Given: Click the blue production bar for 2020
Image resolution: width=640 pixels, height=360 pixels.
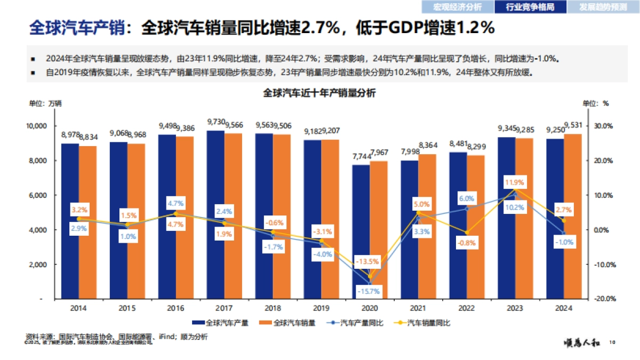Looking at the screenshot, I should click(361, 232).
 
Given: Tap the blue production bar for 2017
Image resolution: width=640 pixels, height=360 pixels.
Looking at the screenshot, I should click(215, 214).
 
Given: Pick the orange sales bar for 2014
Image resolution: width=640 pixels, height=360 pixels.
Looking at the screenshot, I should click(87, 222).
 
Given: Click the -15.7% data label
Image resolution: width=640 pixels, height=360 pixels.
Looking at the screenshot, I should click(369, 291).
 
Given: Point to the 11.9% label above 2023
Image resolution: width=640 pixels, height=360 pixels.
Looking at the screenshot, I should click(515, 182).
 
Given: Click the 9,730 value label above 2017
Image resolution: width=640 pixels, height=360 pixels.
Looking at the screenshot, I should click(215, 123).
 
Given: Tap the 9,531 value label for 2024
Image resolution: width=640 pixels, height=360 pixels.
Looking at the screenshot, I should click(573, 126).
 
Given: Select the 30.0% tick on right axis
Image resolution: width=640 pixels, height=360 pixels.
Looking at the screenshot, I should click(604, 126).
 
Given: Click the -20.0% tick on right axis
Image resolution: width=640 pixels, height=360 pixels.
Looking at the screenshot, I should click(604, 299).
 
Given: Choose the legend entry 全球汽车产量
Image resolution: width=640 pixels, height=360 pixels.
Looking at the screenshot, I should click(220, 323).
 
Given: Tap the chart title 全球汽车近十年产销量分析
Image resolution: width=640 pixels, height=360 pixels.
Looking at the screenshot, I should click(319, 93).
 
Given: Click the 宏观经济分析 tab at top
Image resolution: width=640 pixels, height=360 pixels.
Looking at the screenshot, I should click(457, 7).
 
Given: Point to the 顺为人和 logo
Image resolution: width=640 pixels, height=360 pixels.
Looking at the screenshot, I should click(583, 342).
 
